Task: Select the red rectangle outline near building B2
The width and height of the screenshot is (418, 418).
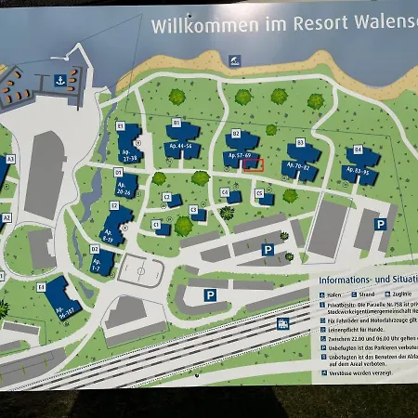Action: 253,164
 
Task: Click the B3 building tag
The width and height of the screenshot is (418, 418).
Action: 300,142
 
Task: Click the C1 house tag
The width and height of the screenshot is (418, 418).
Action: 156,224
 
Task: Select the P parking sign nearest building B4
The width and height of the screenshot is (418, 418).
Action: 380,224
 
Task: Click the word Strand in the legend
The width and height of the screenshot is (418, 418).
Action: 359,292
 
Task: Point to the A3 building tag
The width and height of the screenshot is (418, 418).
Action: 11,159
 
